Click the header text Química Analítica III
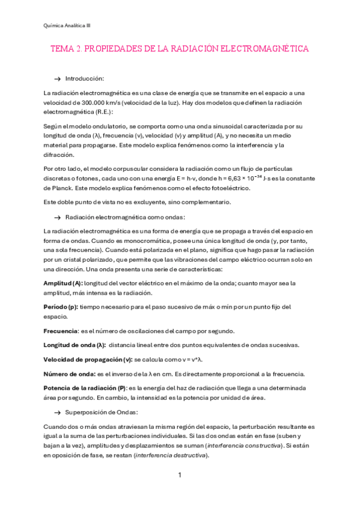click(67, 25)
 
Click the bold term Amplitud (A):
click(63, 283)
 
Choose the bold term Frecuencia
click(61, 331)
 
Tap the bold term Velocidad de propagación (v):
click(88, 359)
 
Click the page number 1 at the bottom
click(179, 475)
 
